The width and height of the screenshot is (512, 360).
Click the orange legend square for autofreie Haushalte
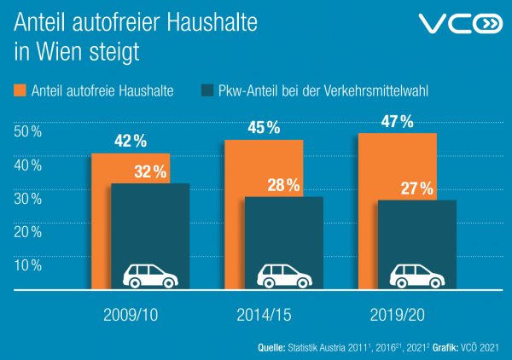[x=20, y=90]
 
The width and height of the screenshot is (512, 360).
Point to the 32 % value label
[x=150, y=171]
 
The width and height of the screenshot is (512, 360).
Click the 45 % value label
[x=264, y=128]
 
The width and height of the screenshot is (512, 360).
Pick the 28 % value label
[x=282, y=185]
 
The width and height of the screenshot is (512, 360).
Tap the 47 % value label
[x=397, y=121]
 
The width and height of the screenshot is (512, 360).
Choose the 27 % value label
[x=416, y=189]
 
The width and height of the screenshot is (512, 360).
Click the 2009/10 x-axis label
[x=131, y=315]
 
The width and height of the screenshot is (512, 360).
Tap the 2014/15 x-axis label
[x=264, y=315]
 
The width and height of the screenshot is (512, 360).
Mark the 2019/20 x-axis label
[x=397, y=315]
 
